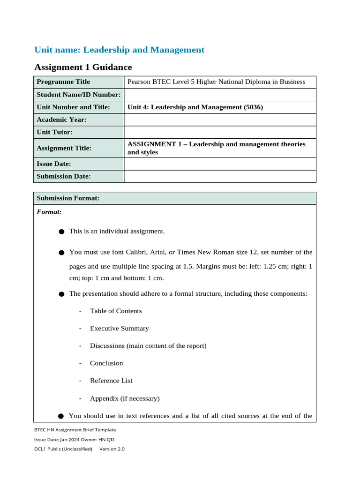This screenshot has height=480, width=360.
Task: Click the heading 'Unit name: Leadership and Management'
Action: (120, 50)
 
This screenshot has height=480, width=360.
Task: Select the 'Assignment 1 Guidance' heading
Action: (83, 67)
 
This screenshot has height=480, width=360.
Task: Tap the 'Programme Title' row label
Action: (63, 82)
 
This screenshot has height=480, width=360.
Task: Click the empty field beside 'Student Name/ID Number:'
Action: (220, 95)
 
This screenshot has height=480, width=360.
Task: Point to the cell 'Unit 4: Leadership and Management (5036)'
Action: (195, 107)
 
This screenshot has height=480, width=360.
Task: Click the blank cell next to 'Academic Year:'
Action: (220, 120)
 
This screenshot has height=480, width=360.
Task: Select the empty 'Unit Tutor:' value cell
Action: (220, 132)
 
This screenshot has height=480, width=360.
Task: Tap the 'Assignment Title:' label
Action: (64, 148)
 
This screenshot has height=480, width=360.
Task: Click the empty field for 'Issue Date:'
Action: (220, 164)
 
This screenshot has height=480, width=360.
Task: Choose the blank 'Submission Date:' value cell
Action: (220, 176)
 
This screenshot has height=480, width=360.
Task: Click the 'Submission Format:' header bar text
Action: (68, 198)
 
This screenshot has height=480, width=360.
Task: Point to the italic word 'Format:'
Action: (49, 212)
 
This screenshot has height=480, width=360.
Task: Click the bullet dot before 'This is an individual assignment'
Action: (61, 232)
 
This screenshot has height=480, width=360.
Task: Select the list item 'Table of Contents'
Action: (116, 311)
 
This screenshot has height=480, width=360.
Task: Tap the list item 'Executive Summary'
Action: (119, 329)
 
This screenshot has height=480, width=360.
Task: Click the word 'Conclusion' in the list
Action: (106, 363)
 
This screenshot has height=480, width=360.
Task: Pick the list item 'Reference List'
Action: (111, 381)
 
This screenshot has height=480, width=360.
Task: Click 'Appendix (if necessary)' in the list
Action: (125, 398)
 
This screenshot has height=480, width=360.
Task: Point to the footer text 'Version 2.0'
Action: (112, 449)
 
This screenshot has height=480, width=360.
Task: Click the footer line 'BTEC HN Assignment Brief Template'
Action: (75, 429)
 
